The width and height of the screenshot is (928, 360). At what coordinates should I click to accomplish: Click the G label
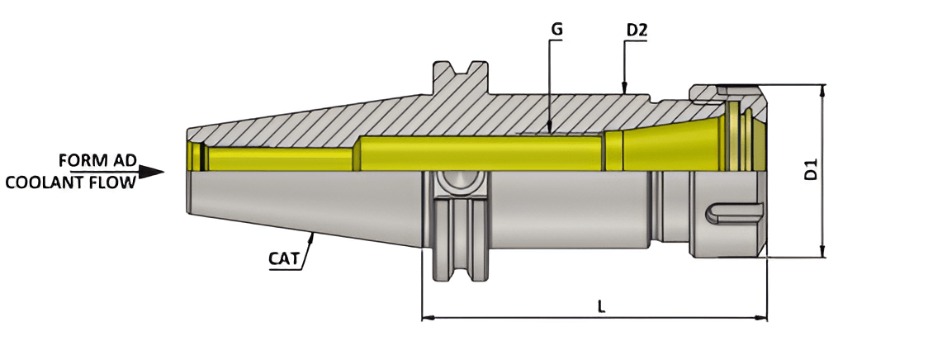(556, 30)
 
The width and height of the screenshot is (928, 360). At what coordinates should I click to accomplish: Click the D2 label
(637, 31)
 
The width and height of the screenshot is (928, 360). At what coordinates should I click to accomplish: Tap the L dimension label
(601, 306)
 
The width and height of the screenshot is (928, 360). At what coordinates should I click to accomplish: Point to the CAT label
(284, 258)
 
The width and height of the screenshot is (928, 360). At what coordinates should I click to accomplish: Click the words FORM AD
(97, 159)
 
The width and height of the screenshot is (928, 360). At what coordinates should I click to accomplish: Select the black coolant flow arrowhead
(151, 172)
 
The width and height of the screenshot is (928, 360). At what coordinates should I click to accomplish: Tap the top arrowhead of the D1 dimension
(821, 90)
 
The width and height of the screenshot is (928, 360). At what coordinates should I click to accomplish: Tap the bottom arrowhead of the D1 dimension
(821, 251)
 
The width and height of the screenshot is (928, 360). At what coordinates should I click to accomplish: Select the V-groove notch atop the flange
(459, 68)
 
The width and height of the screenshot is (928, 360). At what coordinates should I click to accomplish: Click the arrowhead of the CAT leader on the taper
(312, 238)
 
